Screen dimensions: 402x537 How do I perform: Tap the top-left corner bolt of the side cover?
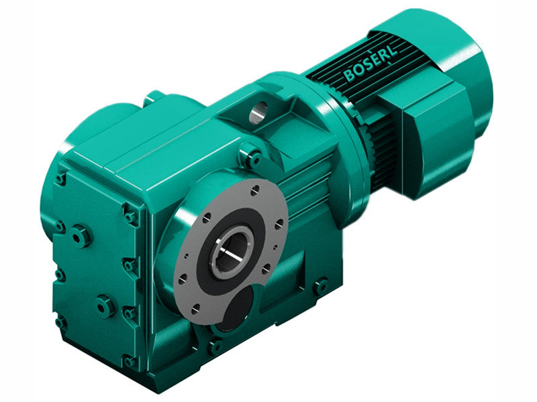click(x=62, y=178)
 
